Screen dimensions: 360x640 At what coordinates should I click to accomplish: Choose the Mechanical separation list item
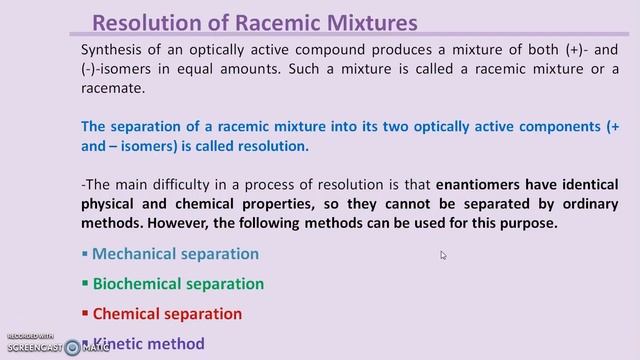click(x=175, y=254)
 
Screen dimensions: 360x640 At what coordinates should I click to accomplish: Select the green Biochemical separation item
click(x=178, y=283)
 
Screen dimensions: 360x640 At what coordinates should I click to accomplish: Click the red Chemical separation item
click(x=167, y=313)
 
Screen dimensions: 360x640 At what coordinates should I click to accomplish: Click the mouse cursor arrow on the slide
click(x=443, y=255)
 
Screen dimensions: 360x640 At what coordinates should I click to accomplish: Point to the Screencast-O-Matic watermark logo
click(x=72, y=347)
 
